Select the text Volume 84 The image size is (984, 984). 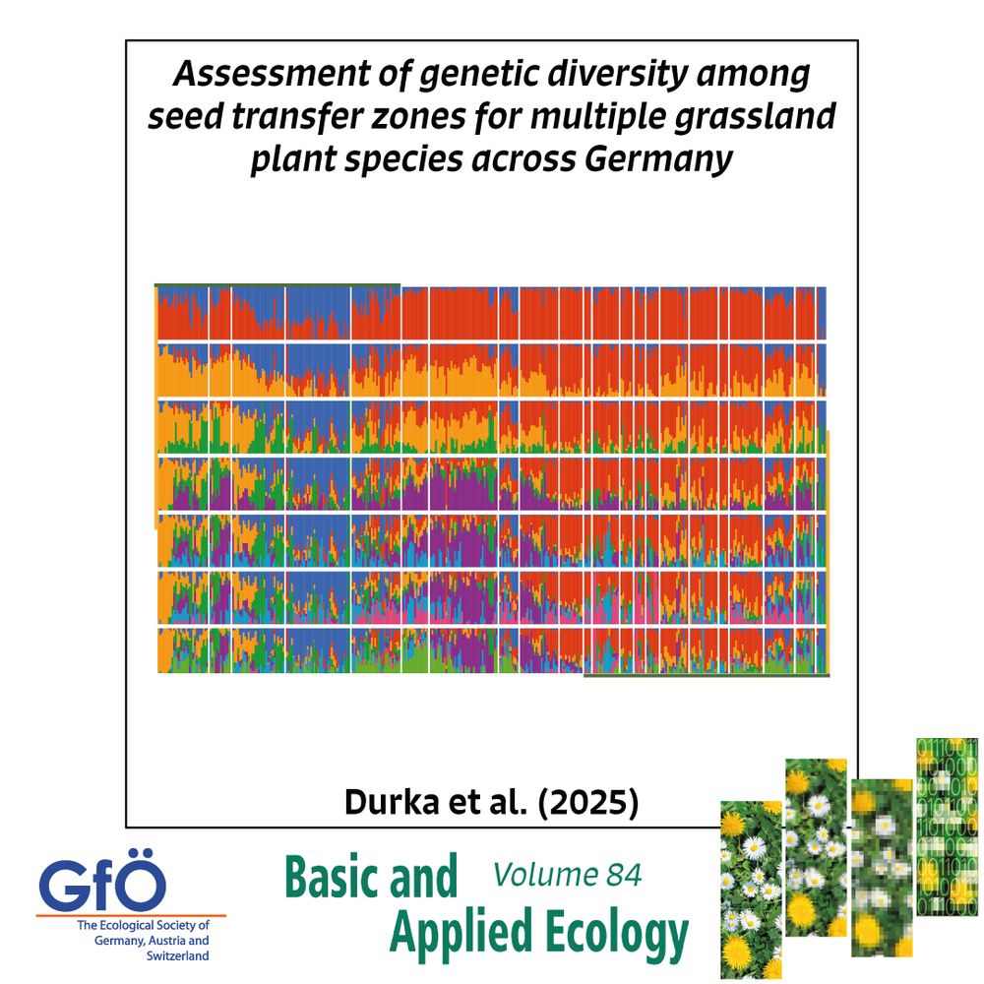(x=567, y=874)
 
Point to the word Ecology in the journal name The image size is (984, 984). (x=604, y=933)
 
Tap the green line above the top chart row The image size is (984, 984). (x=277, y=284)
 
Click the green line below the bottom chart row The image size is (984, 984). (x=706, y=676)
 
